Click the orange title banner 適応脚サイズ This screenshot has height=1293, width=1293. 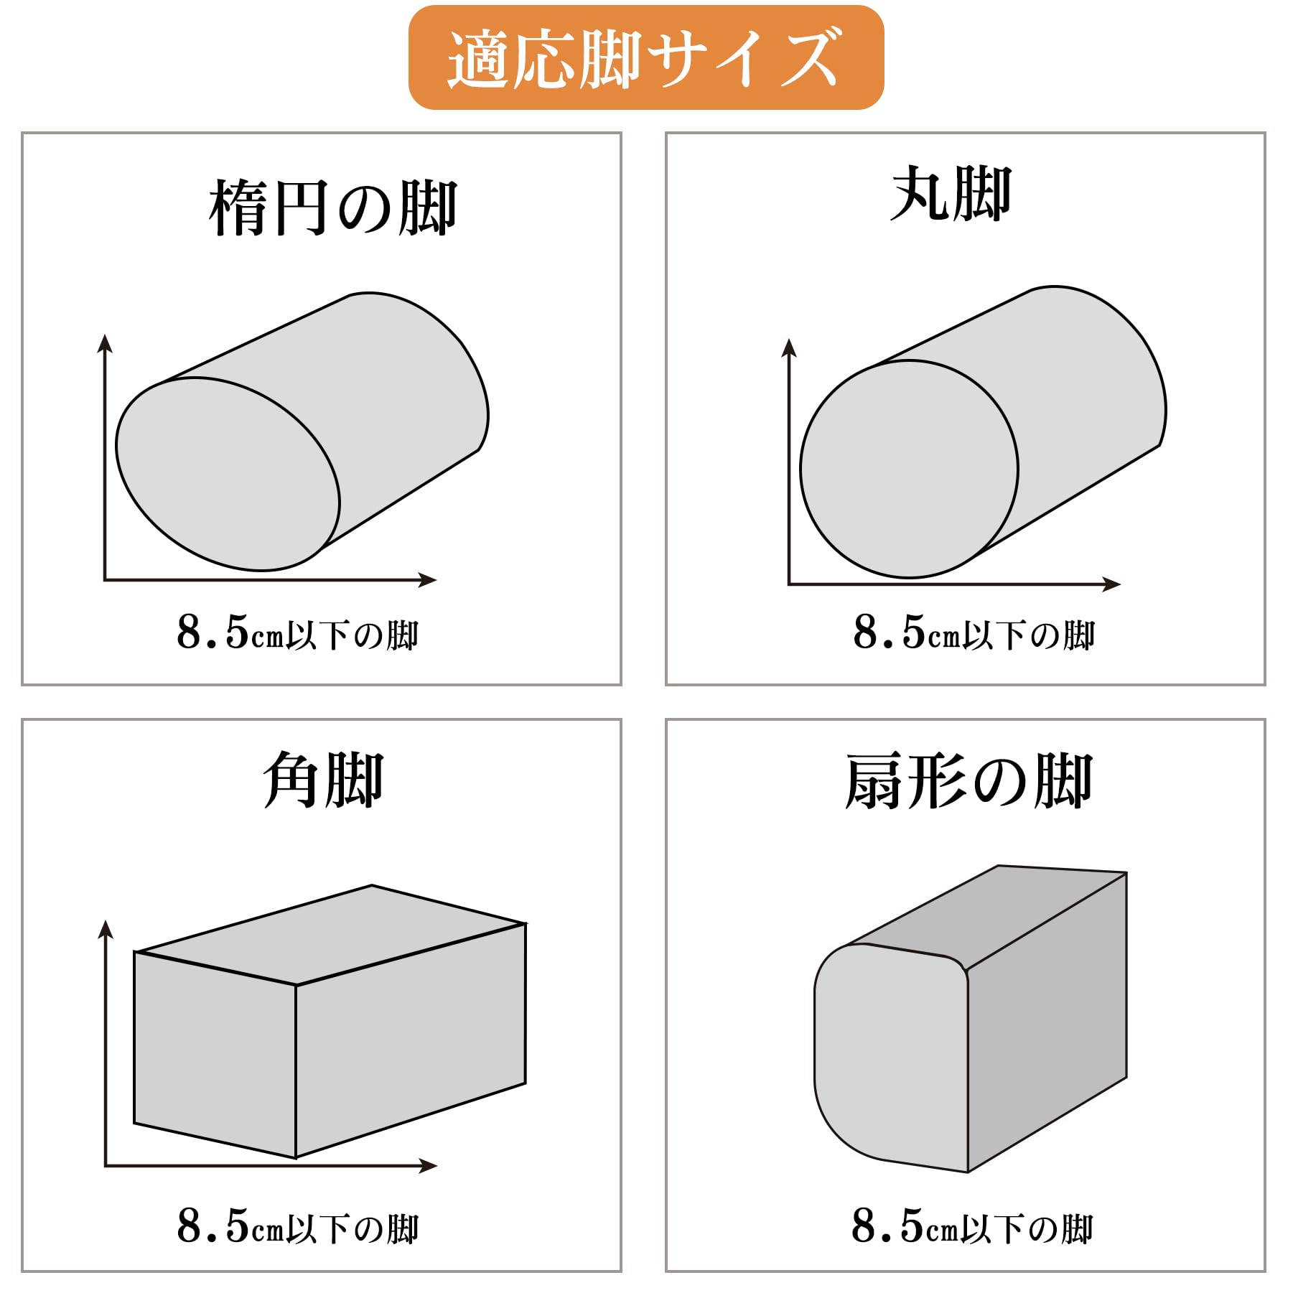pos(646,57)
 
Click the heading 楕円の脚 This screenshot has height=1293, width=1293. pos(333,208)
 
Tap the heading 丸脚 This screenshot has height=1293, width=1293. pos(951,194)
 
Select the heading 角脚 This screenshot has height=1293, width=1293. pos(323,780)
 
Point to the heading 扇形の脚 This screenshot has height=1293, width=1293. pos(968,782)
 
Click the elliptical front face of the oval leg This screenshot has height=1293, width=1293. pos(228,474)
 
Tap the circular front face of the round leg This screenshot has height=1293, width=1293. pos(909,469)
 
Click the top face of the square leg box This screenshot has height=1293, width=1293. pos(331,934)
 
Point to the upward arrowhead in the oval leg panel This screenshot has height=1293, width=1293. pos(106,343)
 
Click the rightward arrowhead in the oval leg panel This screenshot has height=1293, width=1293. pos(427,579)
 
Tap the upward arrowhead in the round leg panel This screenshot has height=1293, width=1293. pos(789,347)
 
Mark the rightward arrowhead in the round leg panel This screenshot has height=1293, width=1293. pos(1111,584)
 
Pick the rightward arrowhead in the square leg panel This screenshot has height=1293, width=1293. pos(428,1165)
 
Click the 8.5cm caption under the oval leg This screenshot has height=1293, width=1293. pos(297,633)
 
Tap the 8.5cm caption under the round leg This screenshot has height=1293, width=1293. pos(974,633)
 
